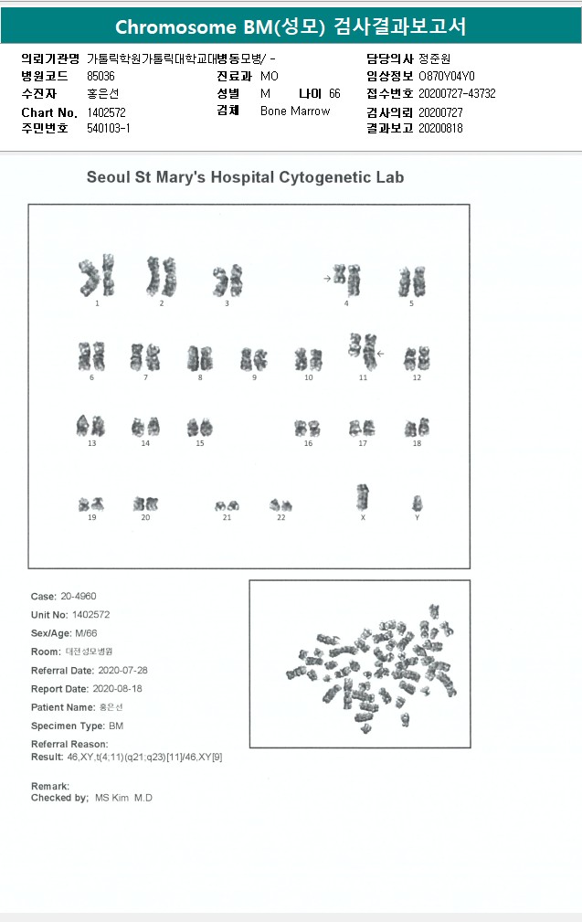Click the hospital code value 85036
click(x=101, y=76)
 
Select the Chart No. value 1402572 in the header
click(x=106, y=111)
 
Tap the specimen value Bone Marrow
click(x=295, y=111)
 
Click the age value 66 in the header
click(x=334, y=94)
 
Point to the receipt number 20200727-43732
click(x=457, y=94)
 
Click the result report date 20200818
click(x=441, y=129)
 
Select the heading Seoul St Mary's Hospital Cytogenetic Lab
click(x=245, y=177)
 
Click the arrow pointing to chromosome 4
click(x=327, y=277)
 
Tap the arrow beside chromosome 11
click(x=381, y=352)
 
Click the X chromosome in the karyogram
click(x=363, y=498)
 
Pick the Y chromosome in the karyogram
click(x=418, y=503)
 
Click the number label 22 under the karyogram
click(x=281, y=518)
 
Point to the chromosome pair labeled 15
click(x=199, y=427)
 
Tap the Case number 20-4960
click(x=78, y=597)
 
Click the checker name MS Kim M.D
click(x=124, y=799)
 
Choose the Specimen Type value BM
click(x=116, y=726)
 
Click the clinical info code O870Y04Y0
click(x=447, y=76)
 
